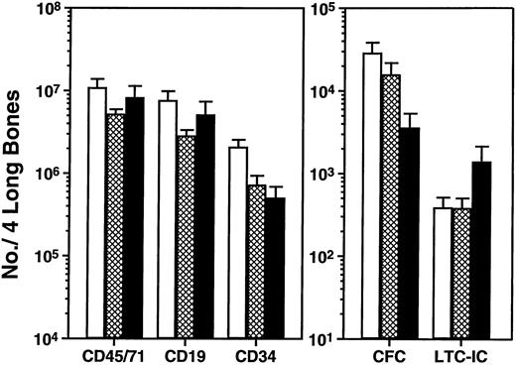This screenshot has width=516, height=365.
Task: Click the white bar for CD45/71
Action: [x=96, y=213]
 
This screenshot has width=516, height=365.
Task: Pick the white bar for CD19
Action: [x=168, y=219]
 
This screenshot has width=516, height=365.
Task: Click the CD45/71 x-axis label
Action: [x=109, y=353]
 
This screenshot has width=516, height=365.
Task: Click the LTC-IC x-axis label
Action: [x=461, y=353]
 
